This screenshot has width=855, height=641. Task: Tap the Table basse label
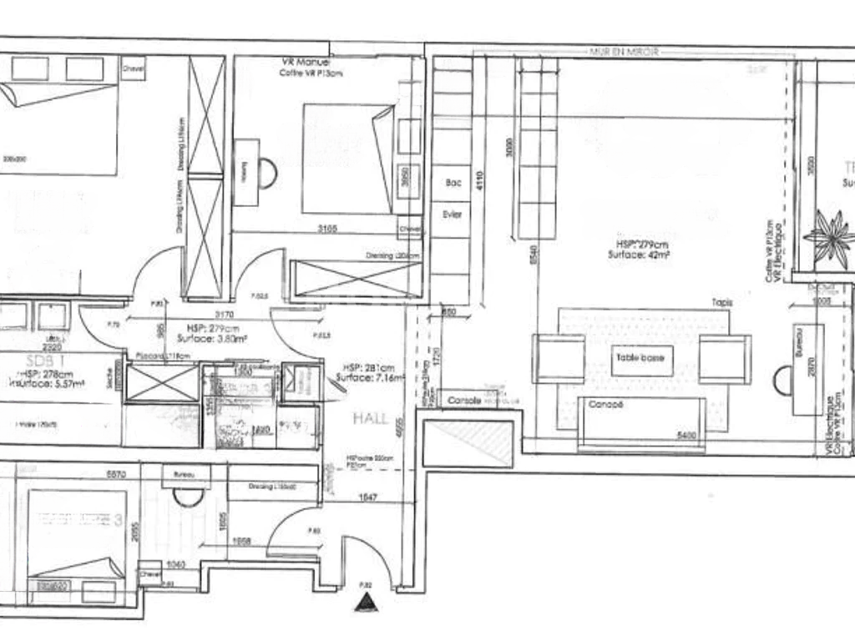(x=640, y=358)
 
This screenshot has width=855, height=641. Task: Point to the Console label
(x=465, y=401)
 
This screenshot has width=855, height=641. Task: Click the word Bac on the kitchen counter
(x=453, y=183)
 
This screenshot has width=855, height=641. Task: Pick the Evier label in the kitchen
(x=452, y=215)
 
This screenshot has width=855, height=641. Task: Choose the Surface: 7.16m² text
(x=370, y=378)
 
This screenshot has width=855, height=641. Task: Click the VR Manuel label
(x=306, y=63)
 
